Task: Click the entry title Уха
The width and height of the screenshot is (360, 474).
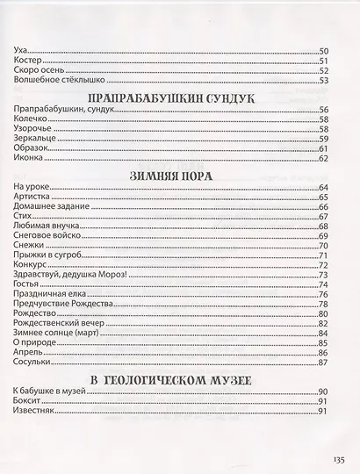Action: pyautogui.click(x=22, y=52)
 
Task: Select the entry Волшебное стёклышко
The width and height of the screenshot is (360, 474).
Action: pyautogui.click(x=54, y=81)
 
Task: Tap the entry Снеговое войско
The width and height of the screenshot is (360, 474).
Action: pyautogui.click(x=47, y=236)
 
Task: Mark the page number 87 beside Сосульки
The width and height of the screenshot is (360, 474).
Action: pyautogui.click(x=322, y=363)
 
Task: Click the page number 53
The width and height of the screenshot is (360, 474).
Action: pyautogui.click(x=322, y=81)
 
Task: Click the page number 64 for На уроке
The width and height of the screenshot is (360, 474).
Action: pyautogui.click(x=322, y=188)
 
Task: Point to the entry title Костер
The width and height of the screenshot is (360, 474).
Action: pyautogui.click(x=29, y=61)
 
